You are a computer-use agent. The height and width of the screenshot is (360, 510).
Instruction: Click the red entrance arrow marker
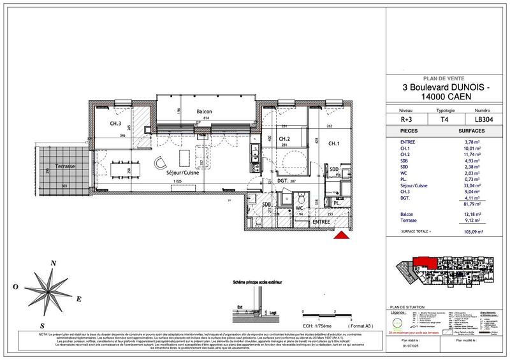click(342, 237)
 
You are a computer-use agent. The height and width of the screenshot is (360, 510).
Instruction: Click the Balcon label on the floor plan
click(204, 112)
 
